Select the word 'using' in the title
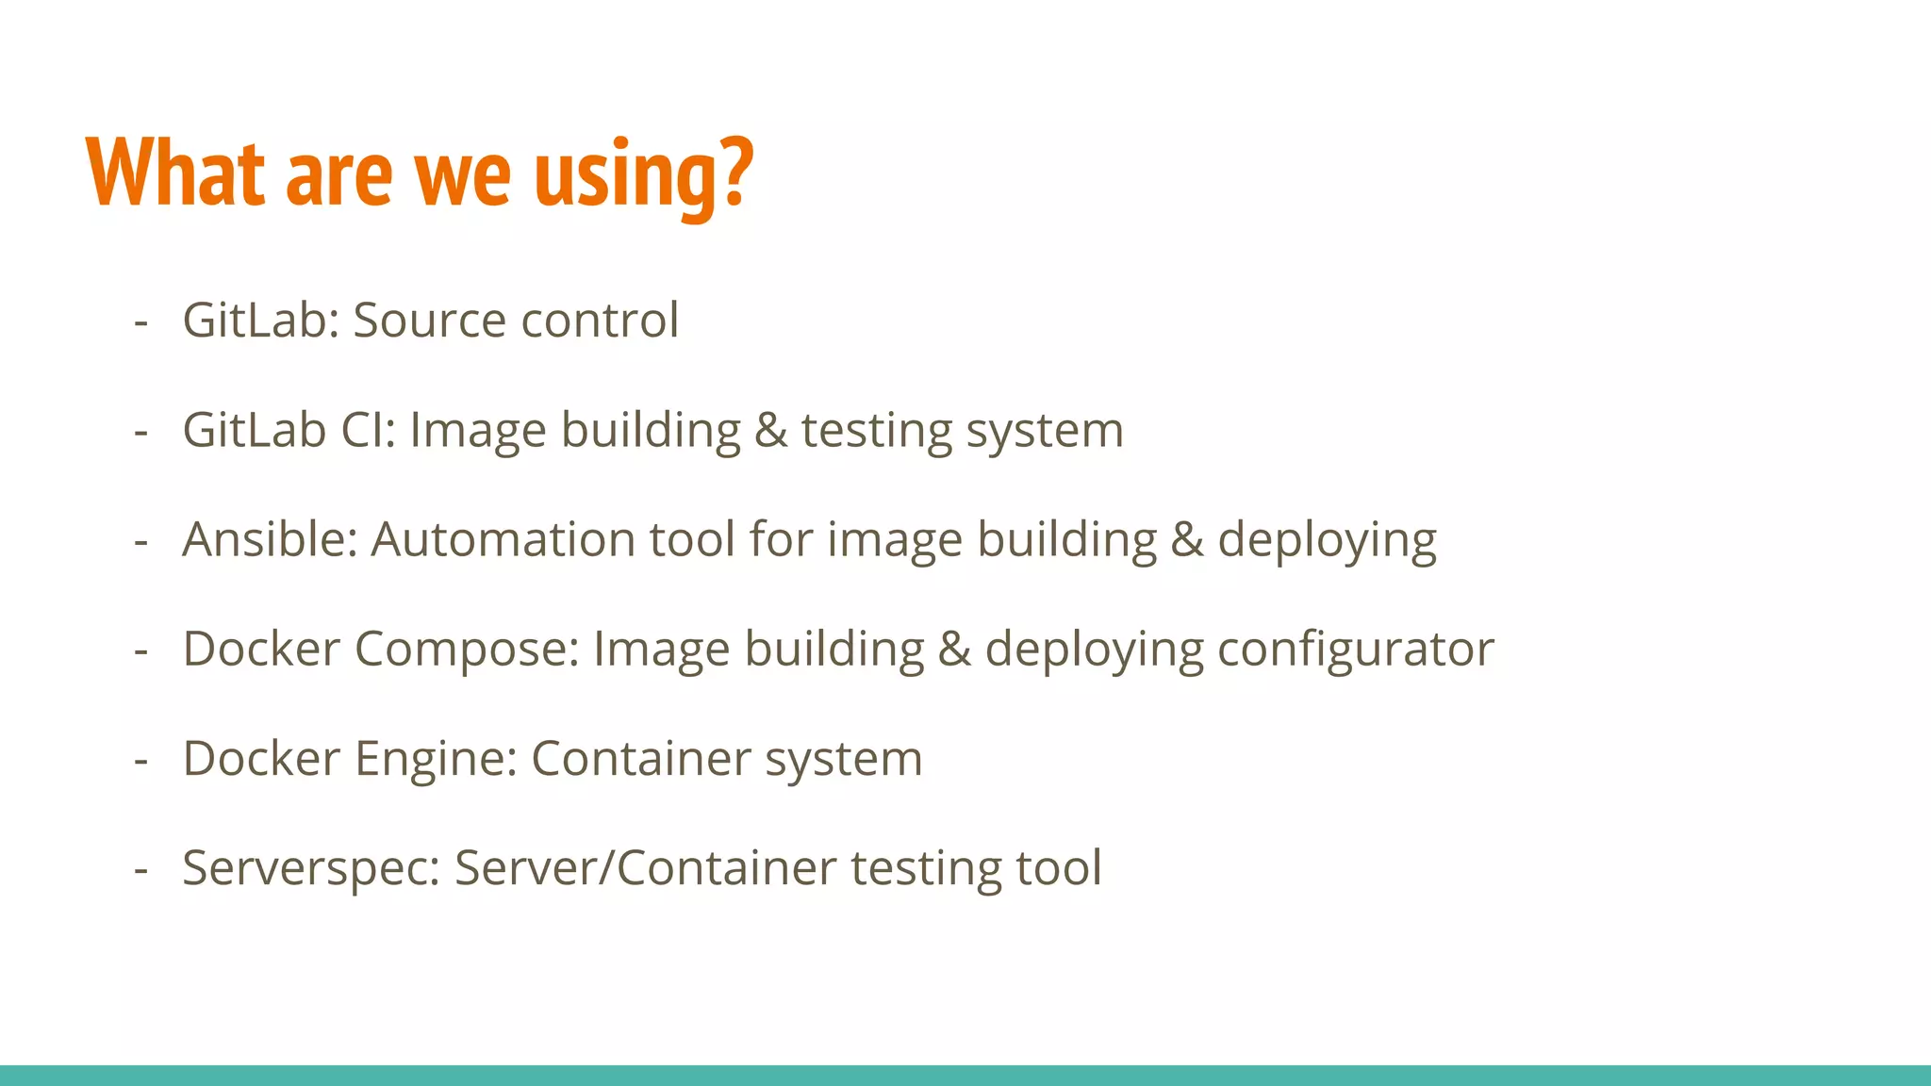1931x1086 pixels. coord(622,176)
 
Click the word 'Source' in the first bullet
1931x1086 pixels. coord(430,320)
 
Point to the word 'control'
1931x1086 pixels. coord(600,320)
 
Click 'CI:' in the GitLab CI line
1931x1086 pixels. coord(369,430)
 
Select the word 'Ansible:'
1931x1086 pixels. coord(270,539)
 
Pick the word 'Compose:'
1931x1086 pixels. coord(467,650)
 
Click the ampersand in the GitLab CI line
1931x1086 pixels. coord(770,430)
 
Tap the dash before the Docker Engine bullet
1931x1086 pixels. coord(141,760)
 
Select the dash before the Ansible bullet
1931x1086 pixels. coord(141,541)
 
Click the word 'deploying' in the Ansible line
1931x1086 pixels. coord(1327,541)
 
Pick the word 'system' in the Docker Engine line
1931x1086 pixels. coord(843,760)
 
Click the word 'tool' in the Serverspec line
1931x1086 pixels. coord(1059,867)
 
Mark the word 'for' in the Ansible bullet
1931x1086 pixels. coord(781,539)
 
